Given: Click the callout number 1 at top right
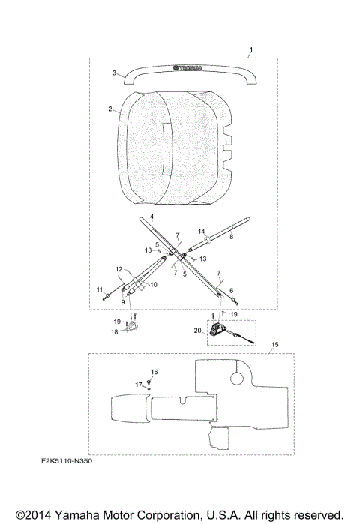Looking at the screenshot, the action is [x=251, y=49].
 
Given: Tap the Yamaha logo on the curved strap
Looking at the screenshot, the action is [x=187, y=67].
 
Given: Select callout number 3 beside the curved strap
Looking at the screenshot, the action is [x=114, y=73].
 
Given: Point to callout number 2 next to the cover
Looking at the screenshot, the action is [x=110, y=109].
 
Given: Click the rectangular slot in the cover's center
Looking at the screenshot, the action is [x=166, y=148].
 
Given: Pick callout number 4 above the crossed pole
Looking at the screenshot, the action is [x=151, y=217].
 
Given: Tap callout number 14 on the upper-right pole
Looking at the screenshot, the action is [x=201, y=232].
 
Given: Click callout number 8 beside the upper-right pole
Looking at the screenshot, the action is [x=231, y=237].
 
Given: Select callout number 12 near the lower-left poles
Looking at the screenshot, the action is [x=119, y=269].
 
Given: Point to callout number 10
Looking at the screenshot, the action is [x=154, y=285].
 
